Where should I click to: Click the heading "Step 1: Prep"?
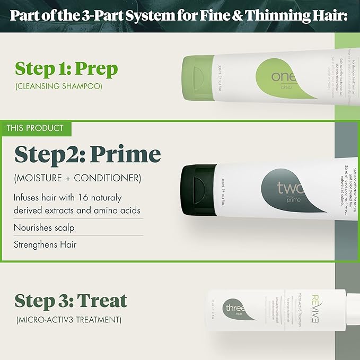coord(66,68)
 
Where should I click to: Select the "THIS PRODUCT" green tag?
coord(35,128)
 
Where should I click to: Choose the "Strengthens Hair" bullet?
coord(45,244)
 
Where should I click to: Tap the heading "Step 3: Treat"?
coord(71,301)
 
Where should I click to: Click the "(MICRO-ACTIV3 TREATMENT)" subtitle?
coord(68,320)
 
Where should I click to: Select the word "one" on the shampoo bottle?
coord(284,77)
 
